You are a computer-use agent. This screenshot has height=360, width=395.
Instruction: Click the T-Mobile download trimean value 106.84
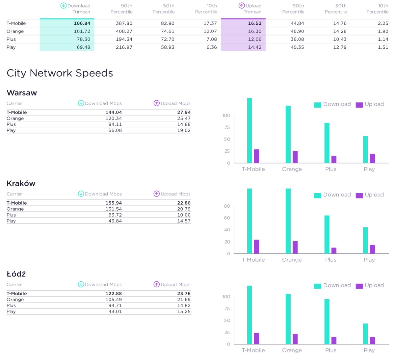(x=82, y=23)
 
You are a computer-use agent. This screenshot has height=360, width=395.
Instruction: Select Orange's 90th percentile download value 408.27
(x=124, y=31)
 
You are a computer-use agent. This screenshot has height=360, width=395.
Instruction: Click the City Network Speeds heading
(x=60, y=73)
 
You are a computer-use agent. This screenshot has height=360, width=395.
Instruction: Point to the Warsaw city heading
(x=22, y=93)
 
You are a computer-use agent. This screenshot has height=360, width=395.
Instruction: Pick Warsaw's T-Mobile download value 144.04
(x=114, y=112)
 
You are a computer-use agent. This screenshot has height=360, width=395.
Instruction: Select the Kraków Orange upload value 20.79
(x=184, y=209)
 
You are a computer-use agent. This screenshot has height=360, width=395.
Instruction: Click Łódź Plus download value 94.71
(x=115, y=305)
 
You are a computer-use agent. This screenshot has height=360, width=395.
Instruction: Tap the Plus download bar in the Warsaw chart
(x=327, y=143)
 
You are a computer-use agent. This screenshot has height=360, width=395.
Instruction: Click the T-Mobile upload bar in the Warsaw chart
(x=256, y=156)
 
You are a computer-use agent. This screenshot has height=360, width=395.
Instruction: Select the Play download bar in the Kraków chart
(x=365, y=240)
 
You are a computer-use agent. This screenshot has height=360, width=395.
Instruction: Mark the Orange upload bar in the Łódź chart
(x=295, y=339)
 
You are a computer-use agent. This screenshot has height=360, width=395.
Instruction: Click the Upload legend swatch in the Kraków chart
(x=359, y=195)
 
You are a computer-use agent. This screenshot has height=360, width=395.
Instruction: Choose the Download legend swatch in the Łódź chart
(x=317, y=286)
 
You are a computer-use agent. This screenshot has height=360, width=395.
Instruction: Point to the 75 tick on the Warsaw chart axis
(x=227, y=127)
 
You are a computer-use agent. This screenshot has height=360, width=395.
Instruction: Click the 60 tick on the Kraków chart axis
(x=227, y=218)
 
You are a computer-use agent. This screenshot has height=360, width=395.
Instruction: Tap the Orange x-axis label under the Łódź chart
(x=292, y=350)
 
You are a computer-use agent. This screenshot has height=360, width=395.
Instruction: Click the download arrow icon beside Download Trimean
(x=64, y=6)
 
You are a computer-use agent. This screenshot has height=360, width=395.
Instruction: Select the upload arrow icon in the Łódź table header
(x=157, y=284)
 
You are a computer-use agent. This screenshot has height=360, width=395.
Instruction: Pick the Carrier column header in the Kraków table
(x=14, y=194)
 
